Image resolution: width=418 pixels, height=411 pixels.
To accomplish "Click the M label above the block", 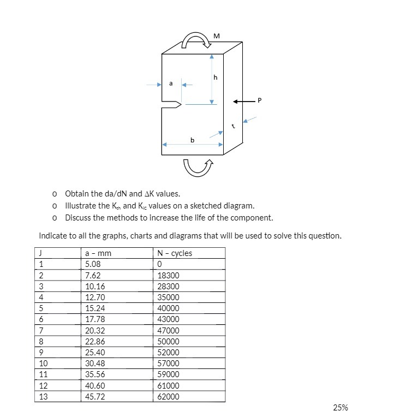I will click(217, 36).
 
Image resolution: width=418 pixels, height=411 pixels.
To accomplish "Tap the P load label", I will click(260, 100).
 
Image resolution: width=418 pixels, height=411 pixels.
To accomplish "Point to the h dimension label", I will click(216, 78).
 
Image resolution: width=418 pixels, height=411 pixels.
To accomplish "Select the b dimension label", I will click(192, 140).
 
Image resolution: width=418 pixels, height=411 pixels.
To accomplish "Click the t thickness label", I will click(233, 126).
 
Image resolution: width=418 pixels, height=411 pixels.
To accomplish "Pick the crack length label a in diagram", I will click(171, 84).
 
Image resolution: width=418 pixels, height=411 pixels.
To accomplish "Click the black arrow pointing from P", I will click(243, 101).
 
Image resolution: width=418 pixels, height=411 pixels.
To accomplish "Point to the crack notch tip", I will click(181, 105).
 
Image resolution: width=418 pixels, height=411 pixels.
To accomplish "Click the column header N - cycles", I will click(175, 253).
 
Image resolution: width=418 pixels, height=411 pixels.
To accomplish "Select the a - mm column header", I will click(99, 253).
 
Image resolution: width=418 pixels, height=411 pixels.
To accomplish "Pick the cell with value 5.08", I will click(93, 264).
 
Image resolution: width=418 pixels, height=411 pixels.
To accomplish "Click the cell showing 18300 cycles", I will click(168, 276).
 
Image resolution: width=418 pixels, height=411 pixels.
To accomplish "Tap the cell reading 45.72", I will click(95, 397).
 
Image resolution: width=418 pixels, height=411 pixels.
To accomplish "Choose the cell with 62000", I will click(168, 397).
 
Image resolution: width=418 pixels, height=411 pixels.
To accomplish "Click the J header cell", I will click(41, 253).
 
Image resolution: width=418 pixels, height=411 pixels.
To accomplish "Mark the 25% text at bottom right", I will click(341, 407).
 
